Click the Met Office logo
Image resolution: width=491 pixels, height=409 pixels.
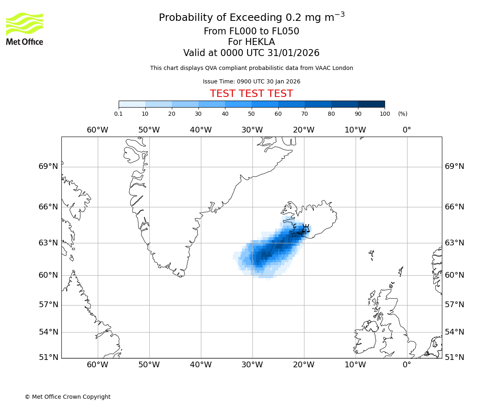25,29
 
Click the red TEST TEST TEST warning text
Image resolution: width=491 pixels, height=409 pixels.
251,94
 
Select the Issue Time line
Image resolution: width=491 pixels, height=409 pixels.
251,82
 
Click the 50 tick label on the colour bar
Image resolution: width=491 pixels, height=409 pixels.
251,114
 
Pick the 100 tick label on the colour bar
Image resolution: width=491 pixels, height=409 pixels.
385,114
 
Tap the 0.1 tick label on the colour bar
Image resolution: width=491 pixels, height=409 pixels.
119,114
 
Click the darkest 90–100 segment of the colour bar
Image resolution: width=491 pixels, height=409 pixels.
371,104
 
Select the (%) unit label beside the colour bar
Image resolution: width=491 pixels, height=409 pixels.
403,114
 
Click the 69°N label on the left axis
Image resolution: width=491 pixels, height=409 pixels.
48,166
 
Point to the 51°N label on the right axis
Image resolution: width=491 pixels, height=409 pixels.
455,357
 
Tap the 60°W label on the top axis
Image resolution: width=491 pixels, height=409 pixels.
97,130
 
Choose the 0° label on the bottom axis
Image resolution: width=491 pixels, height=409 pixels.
407,365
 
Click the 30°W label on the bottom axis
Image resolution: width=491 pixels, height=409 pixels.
252,365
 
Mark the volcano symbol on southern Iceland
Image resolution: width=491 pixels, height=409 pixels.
306,229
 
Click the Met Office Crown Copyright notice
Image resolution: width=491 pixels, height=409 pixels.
68,397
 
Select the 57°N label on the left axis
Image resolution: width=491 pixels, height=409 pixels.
48,305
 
